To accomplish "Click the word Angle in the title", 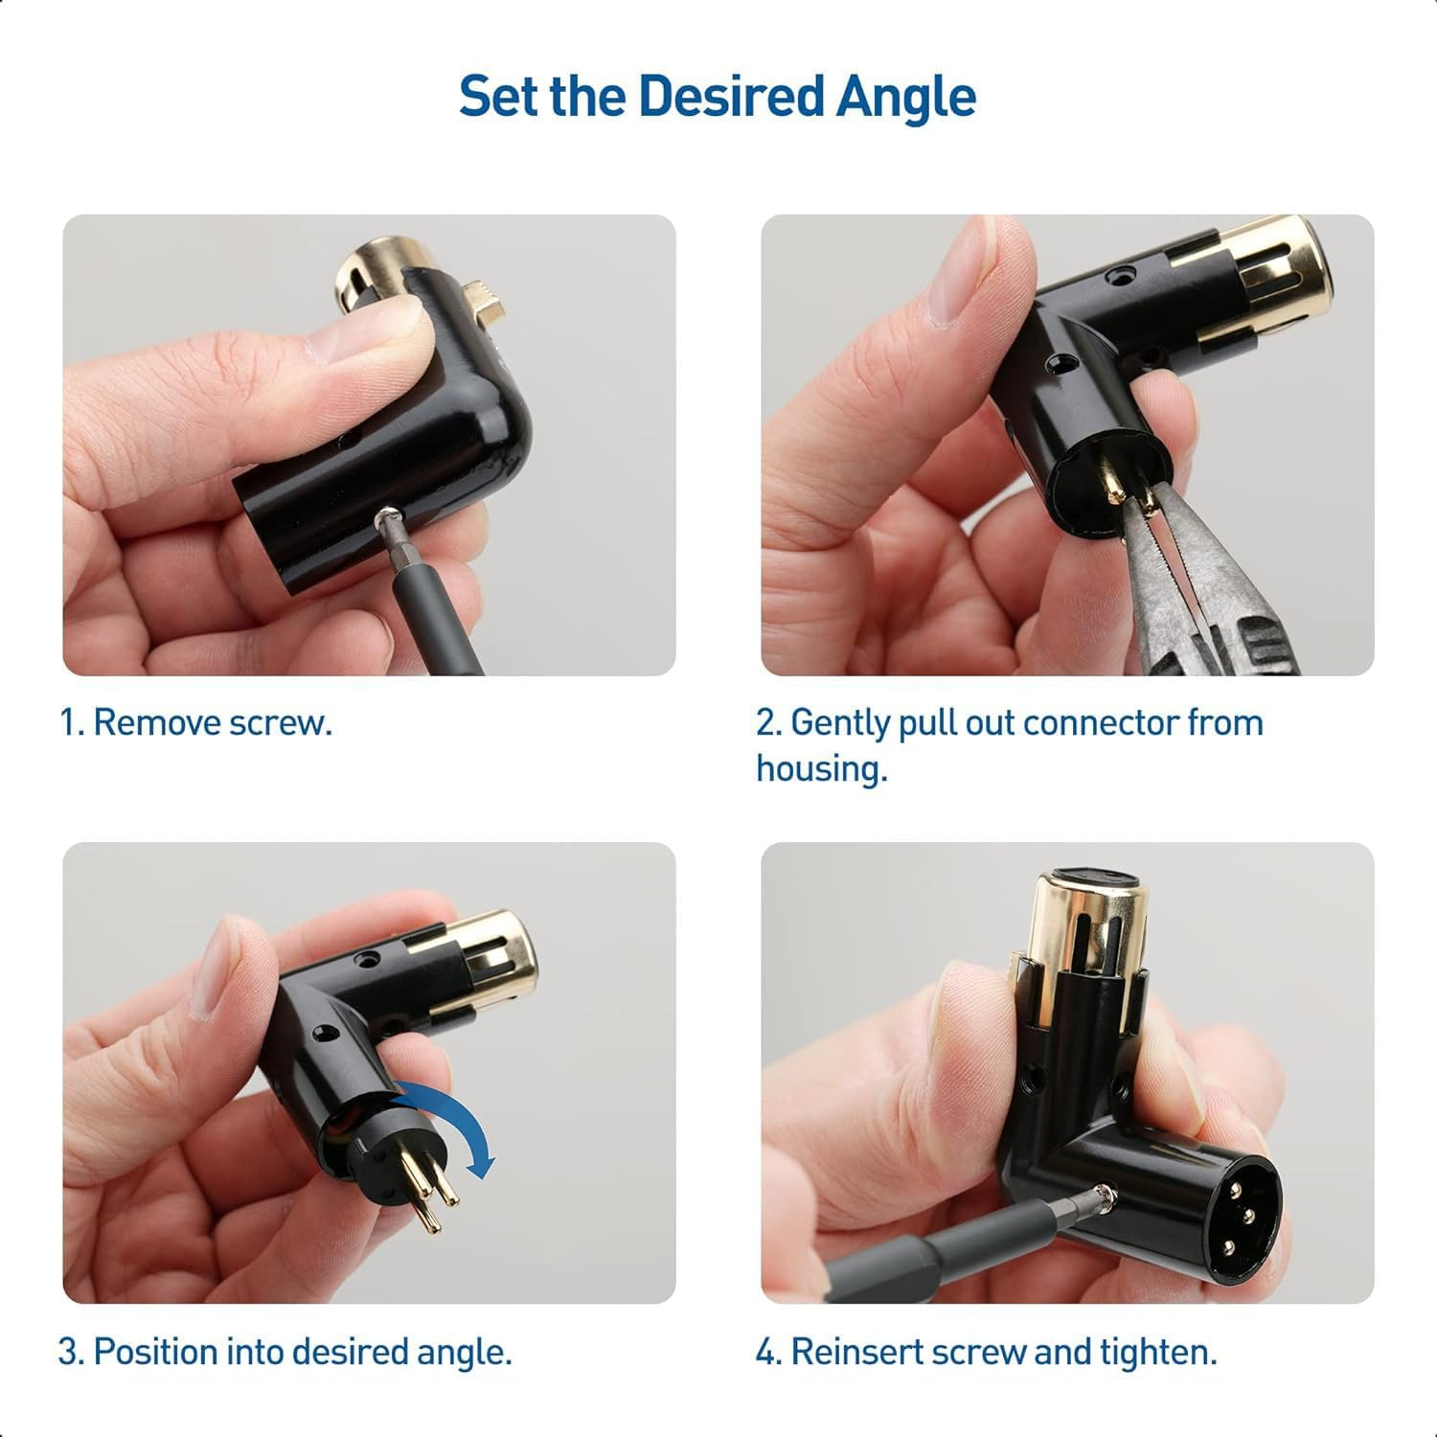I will click(x=906, y=97).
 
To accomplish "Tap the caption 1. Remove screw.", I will click(x=196, y=722).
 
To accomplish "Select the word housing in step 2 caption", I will click(x=821, y=768).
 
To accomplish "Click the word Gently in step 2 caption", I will click(x=840, y=722).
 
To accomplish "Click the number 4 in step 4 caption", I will click(x=766, y=1352).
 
